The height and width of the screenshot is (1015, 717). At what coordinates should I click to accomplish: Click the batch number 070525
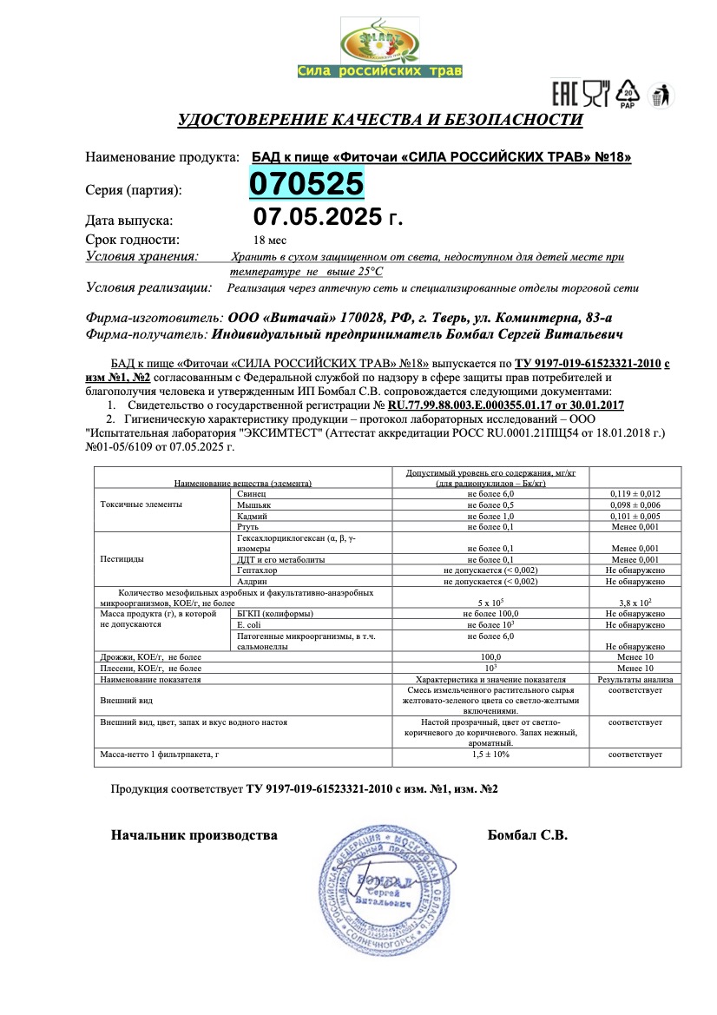point(306,184)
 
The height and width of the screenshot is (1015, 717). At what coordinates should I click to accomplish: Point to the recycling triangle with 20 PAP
point(628,93)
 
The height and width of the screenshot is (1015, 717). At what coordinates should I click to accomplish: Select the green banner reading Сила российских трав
point(379,71)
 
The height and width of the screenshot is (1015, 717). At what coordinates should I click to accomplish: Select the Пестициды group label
point(122,559)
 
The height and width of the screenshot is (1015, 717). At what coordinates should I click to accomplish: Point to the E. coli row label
point(250,624)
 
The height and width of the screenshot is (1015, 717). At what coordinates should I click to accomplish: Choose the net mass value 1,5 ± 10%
point(490,755)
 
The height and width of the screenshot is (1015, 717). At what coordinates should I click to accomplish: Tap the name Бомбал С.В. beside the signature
point(528,835)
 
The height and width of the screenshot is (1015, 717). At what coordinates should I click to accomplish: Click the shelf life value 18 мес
point(269,240)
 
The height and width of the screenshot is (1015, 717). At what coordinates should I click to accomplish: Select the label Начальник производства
point(194,835)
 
